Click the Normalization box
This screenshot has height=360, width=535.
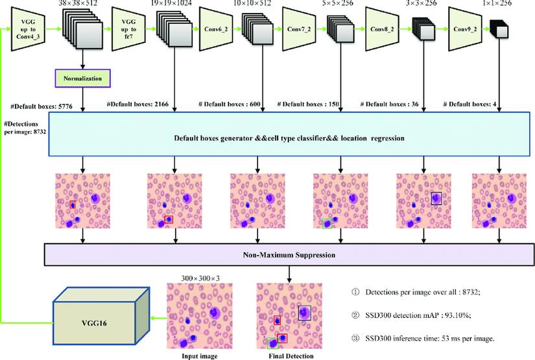tap(82, 79)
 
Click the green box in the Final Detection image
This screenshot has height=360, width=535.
tap(272, 342)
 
